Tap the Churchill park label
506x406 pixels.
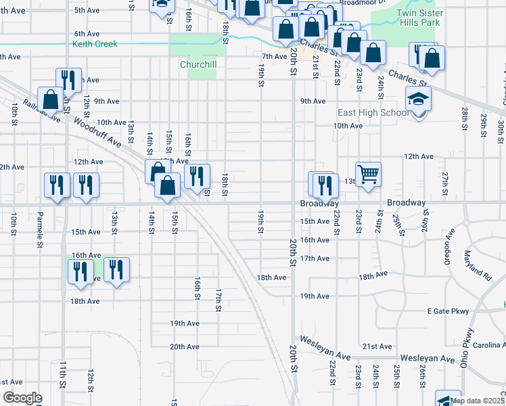coord(198,65)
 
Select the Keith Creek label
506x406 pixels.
coord(95,45)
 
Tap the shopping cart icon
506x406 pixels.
coord(368,174)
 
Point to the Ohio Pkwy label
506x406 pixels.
coord(467,347)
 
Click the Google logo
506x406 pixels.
coord(22,397)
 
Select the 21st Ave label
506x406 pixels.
coord(377,346)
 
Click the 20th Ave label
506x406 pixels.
coord(184,346)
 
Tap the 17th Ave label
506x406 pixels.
coord(315,258)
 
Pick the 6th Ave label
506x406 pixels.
coord(87,33)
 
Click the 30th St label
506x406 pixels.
coord(501,127)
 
